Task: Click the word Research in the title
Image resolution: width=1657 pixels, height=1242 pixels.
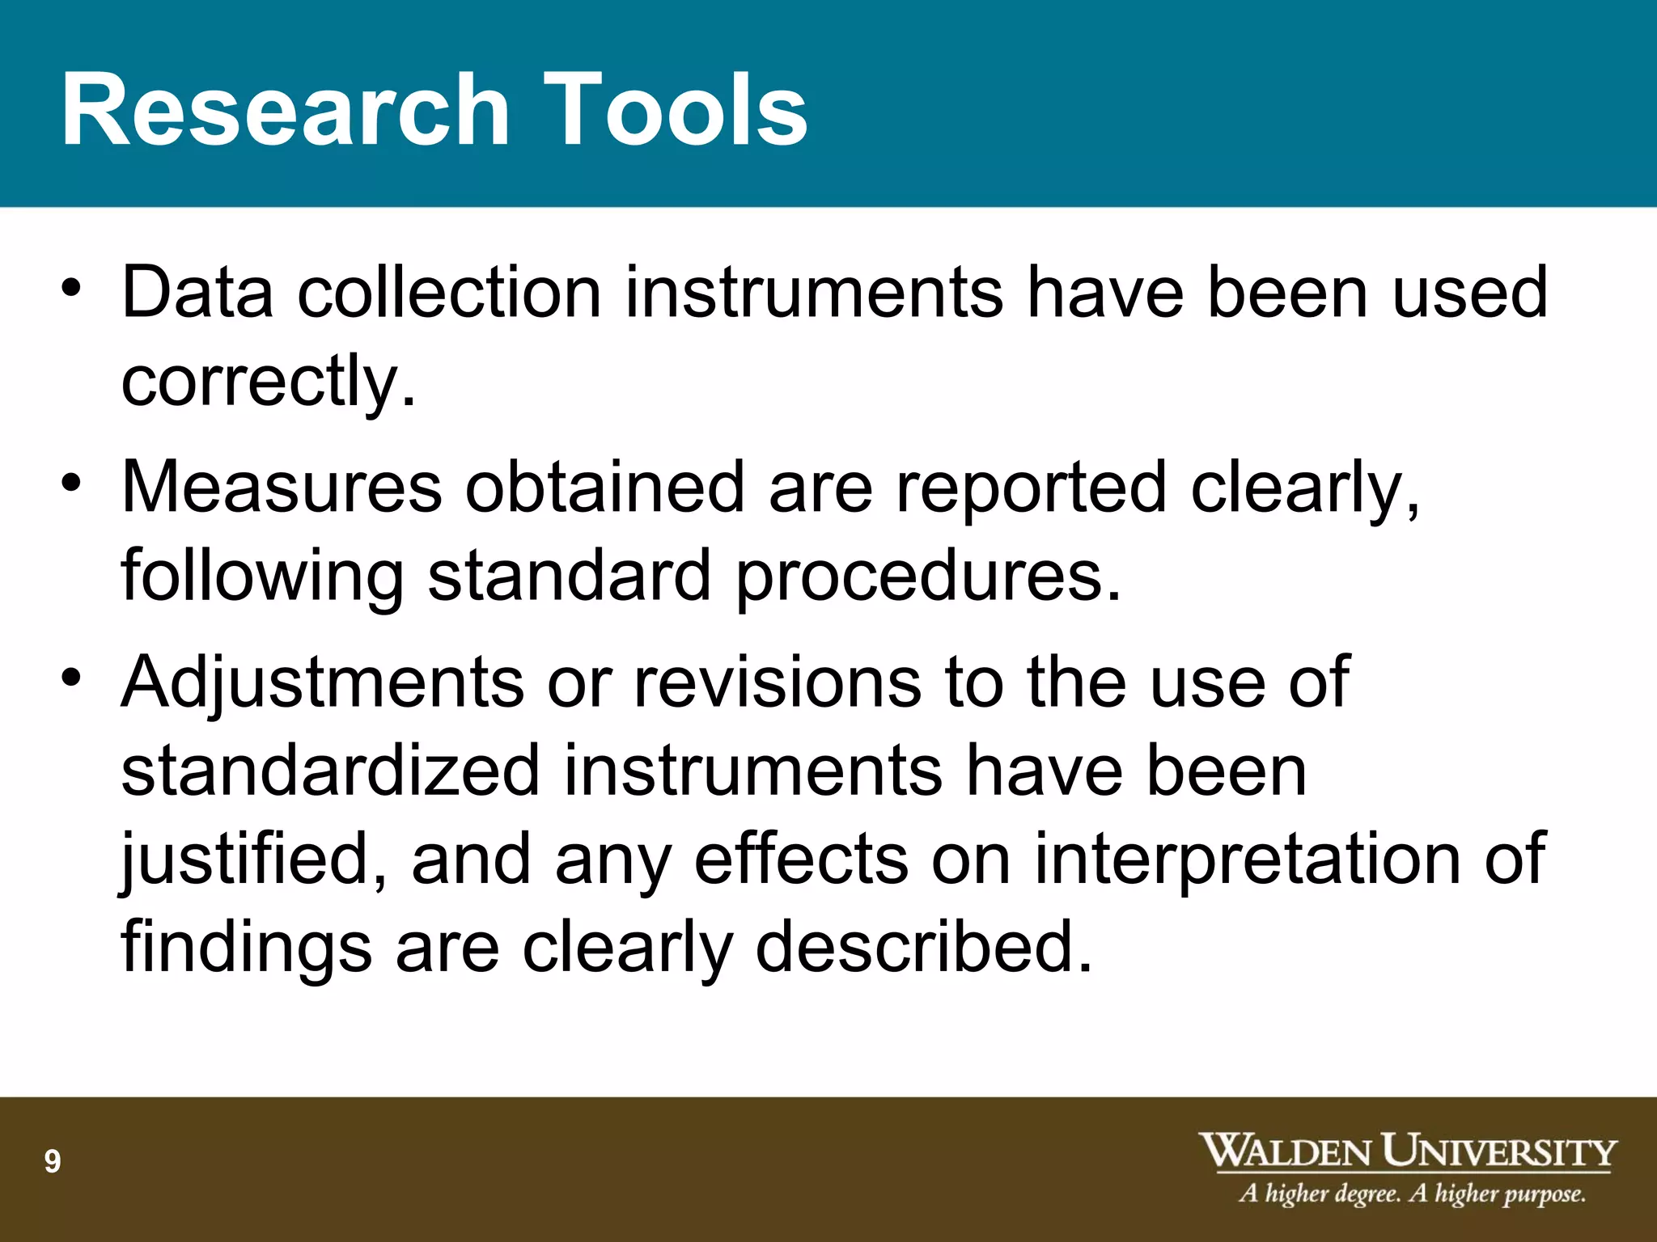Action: click(x=285, y=110)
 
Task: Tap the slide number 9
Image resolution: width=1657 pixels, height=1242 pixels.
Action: click(x=53, y=1162)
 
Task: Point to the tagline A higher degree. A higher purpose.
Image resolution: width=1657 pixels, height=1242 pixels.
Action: click(x=1412, y=1193)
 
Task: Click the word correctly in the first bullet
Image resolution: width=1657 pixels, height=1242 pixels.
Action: click(x=267, y=382)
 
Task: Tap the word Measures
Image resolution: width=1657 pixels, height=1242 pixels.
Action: click(x=282, y=488)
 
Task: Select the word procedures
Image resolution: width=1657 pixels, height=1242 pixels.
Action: click(x=927, y=577)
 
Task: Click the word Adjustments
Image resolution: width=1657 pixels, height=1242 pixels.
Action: click(x=322, y=683)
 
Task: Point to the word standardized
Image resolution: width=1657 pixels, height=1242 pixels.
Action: click(x=330, y=771)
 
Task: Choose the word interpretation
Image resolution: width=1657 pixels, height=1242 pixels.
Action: click(x=1248, y=860)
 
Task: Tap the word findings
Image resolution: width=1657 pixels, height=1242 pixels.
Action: click(x=246, y=948)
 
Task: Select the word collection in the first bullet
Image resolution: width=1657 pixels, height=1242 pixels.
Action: click(x=449, y=292)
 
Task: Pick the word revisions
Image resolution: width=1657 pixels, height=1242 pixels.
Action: click(x=777, y=683)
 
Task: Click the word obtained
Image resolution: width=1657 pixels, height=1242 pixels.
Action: click(x=604, y=488)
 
